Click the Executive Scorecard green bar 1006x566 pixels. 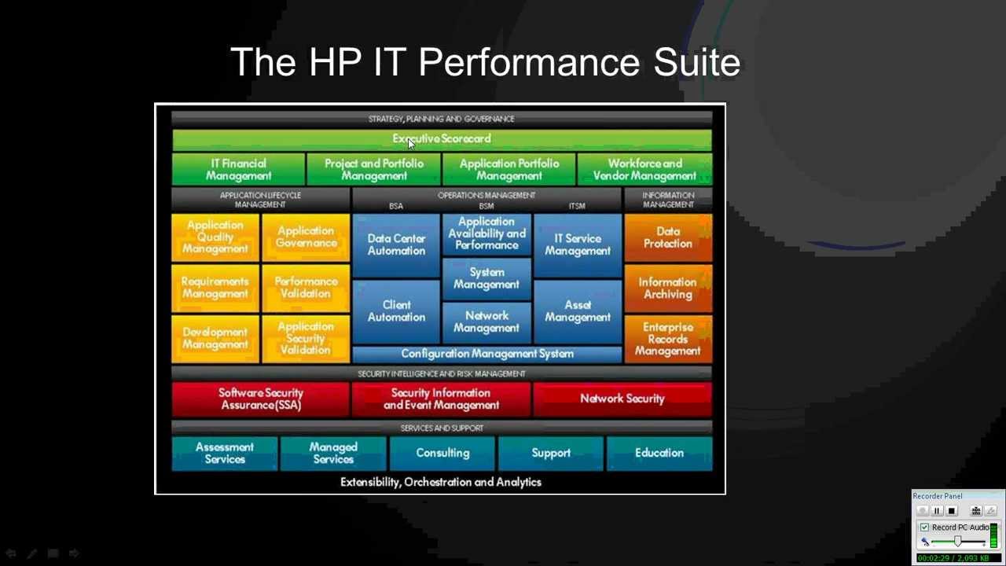[442, 139]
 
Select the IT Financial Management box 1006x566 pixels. [238, 170]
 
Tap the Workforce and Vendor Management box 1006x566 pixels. [644, 170]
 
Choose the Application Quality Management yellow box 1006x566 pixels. [215, 237]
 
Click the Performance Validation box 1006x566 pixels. [306, 288]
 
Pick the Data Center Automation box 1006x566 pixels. [396, 244]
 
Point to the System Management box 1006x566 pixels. [486, 278]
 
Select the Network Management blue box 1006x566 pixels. [486, 322]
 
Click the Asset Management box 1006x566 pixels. [578, 311]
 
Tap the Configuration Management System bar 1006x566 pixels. [486, 354]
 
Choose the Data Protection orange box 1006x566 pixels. [668, 237]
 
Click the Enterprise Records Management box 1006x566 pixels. [668, 339]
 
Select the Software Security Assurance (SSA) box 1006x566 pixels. [261, 399]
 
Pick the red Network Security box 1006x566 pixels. [622, 399]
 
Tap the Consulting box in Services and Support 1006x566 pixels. [442, 453]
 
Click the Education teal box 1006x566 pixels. [659, 453]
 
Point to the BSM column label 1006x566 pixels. [486, 206]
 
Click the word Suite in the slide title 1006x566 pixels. [697, 62]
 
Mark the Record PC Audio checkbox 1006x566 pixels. [924, 527]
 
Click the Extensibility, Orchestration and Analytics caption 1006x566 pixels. [441, 482]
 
